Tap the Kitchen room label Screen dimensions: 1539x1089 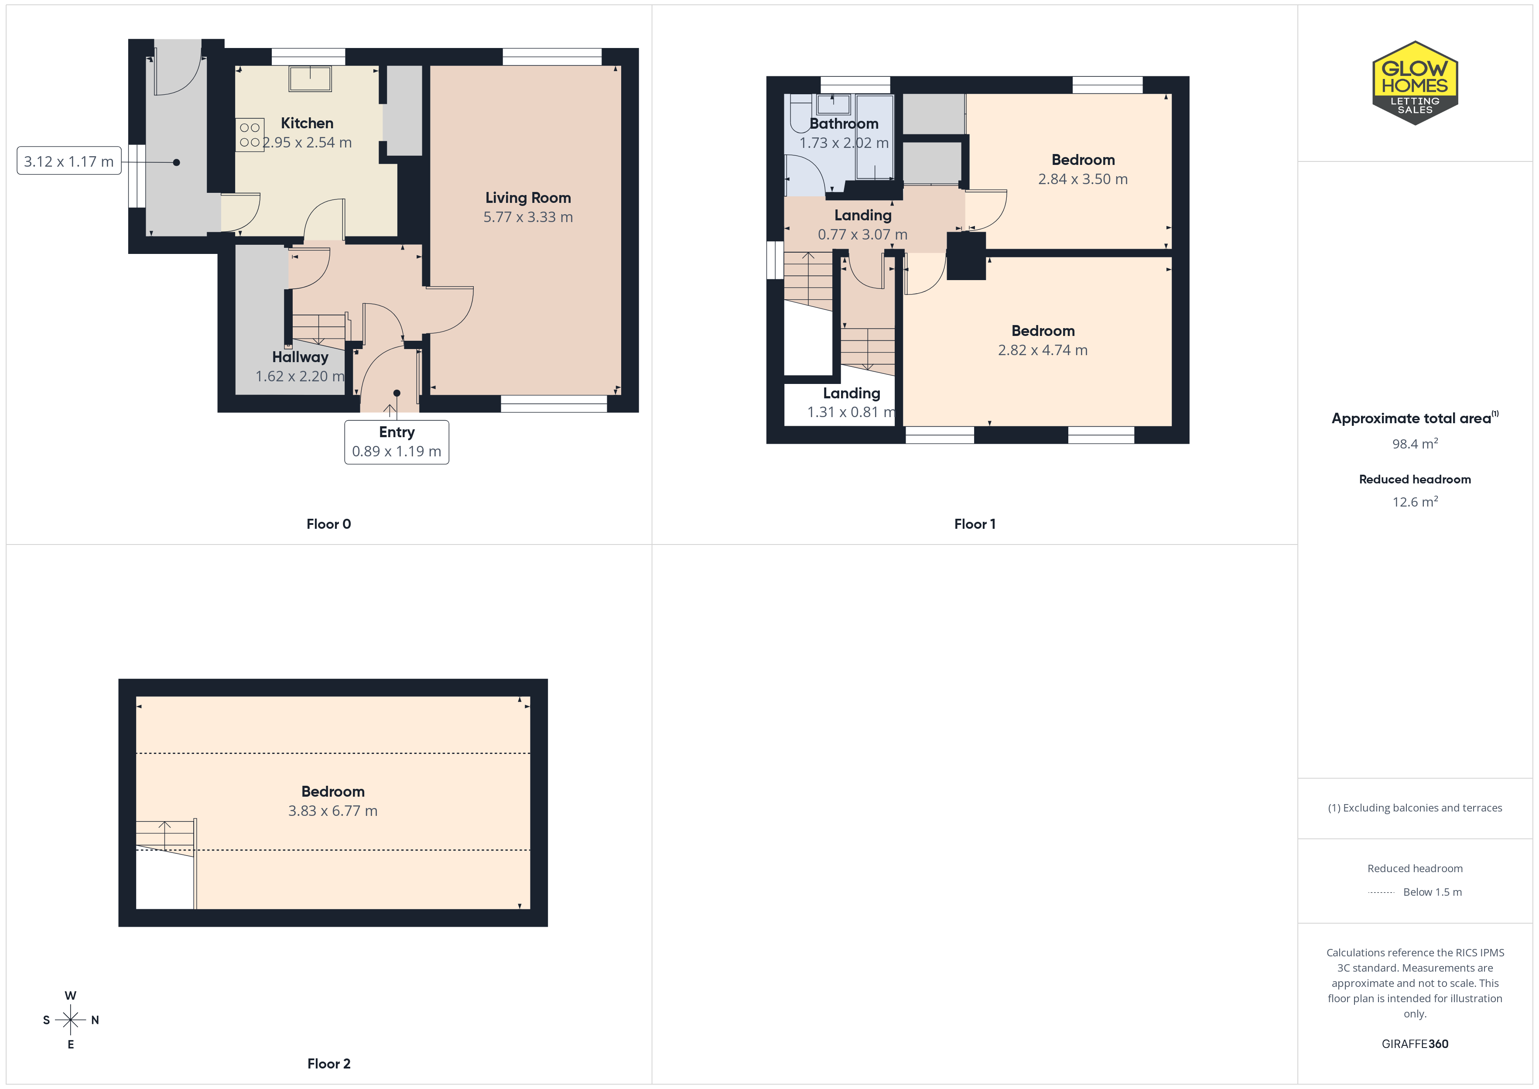[x=307, y=123]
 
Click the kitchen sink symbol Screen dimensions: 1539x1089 [x=310, y=79]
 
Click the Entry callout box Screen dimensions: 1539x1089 [x=397, y=442]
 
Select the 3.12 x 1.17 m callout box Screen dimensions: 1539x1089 [x=69, y=161]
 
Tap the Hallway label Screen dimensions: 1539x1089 [x=300, y=357]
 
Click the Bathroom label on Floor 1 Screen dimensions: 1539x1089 [x=844, y=124]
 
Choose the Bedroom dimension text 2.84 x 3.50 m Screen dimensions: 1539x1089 [x=1083, y=179]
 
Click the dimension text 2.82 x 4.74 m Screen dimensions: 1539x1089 [x=1043, y=350]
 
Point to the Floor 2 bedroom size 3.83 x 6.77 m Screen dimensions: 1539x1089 [x=333, y=811]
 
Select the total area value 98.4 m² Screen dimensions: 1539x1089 [x=1415, y=444]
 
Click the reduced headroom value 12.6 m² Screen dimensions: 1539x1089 [x=1415, y=502]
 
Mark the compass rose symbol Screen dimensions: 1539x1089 [x=70, y=1020]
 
